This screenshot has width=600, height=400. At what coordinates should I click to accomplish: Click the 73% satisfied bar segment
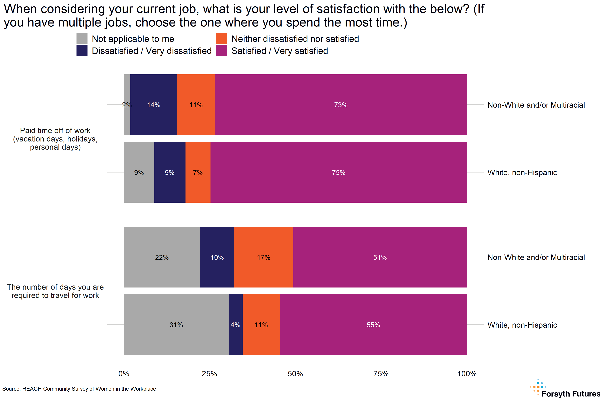point(341,105)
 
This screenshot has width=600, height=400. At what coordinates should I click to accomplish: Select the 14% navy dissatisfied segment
point(153,105)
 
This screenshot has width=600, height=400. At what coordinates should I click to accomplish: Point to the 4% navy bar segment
point(235,324)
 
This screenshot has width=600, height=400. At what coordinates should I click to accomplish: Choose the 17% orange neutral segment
point(263,257)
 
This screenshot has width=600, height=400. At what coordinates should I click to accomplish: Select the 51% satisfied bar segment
point(380,257)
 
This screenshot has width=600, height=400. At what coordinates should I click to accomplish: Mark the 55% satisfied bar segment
point(373,324)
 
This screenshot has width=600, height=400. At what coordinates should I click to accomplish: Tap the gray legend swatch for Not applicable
point(82,38)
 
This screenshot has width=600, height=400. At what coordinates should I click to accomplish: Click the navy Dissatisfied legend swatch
point(82,50)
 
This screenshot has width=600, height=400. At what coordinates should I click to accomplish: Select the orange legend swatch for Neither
point(221,38)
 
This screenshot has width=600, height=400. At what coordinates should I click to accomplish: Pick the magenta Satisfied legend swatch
point(221,50)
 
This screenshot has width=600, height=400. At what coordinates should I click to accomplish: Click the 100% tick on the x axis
point(466,374)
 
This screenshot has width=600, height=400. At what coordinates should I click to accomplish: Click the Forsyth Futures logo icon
point(538,387)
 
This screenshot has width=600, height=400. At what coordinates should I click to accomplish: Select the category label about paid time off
point(55,139)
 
